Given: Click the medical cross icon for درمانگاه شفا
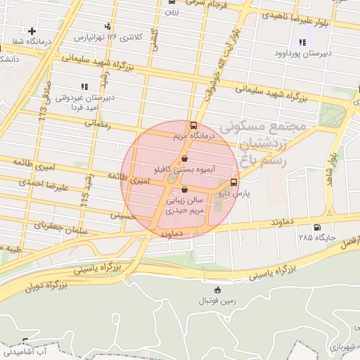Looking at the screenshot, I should tap(32, 31).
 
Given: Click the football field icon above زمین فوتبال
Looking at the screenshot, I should tap(217, 290).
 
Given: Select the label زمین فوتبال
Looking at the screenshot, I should tap(216, 300).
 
